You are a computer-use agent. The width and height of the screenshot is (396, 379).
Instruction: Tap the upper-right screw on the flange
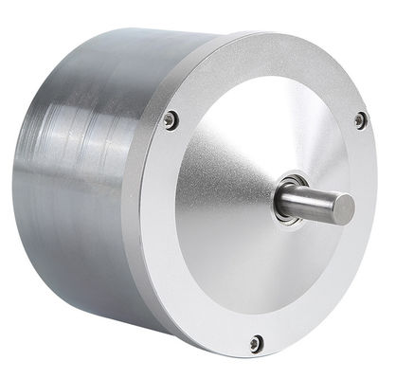pyautogui.click(x=360, y=119)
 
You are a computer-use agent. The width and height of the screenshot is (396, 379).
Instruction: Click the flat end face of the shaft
pyautogui.click(x=345, y=206)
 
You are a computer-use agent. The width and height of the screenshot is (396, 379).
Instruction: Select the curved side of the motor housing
pyautogui.click(x=85, y=189)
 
